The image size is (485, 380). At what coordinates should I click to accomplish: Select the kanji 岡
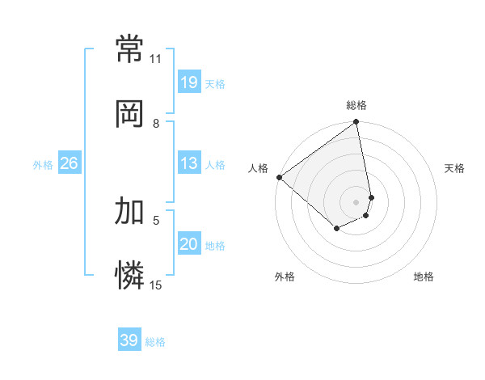click(x=130, y=115)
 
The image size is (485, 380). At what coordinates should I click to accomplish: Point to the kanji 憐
click(x=130, y=276)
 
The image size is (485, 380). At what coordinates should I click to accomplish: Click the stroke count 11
click(x=155, y=59)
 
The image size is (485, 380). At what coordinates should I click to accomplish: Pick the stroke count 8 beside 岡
click(x=155, y=123)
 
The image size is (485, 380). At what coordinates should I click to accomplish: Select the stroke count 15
click(x=155, y=285)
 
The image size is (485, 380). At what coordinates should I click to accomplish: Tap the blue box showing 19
click(x=189, y=82)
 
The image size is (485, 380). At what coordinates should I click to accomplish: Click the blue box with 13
click(x=189, y=163)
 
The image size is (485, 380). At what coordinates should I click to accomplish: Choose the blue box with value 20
click(x=189, y=244)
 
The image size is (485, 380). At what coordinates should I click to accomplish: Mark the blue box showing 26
click(x=69, y=163)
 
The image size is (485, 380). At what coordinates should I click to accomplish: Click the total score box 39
click(x=129, y=340)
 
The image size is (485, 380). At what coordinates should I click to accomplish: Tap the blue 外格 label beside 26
click(x=43, y=165)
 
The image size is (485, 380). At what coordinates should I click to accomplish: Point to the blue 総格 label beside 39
click(x=155, y=342)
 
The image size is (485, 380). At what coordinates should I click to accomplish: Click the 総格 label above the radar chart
click(x=356, y=105)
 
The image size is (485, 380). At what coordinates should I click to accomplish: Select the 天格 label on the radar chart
click(x=454, y=168)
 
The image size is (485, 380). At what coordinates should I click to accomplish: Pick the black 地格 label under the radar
click(x=424, y=277)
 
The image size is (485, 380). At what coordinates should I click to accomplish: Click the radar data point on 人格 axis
click(x=279, y=177)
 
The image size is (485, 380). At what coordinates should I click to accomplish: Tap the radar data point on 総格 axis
click(x=356, y=123)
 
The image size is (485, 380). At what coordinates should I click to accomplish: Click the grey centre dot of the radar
click(x=356, y=201)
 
